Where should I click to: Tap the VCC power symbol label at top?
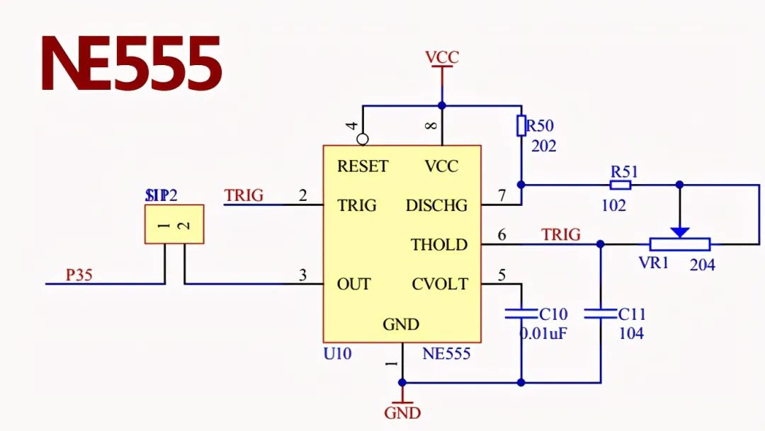pos(441,57)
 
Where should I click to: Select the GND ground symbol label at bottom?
pos(402,413)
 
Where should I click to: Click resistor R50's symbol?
pos(521,126)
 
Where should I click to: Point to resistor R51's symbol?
pos(620,185)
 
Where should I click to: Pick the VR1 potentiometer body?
pos(680,245)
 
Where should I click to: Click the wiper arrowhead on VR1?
pos(680,231)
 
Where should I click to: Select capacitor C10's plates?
pos(521,313)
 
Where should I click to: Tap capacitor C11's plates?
pos(601,313)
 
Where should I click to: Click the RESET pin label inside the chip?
pos(363,166)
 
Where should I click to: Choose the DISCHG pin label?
pos(436,206)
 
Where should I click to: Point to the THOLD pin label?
pos(439,245)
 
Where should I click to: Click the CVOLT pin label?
pos(440,284)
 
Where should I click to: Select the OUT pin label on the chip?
pos(353,284)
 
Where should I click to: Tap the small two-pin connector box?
pos(174,224)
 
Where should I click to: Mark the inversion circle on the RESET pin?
pos(363,139)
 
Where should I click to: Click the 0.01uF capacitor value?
pos(543,333)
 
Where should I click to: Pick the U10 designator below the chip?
pos(336,353)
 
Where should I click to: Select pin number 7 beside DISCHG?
pos(502,196)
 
